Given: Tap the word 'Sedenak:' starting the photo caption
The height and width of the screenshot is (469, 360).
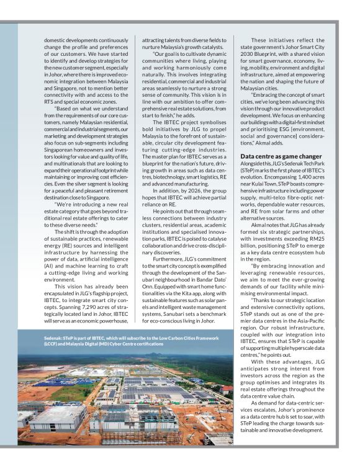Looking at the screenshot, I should pos(55,337).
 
